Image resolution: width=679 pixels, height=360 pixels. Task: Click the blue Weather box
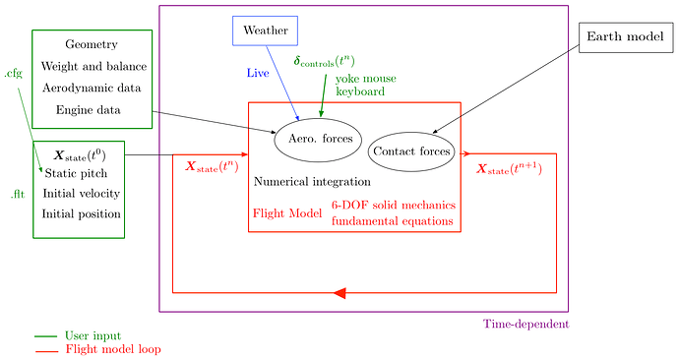(265, 30)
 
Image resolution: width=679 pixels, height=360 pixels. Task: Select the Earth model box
(625, 37)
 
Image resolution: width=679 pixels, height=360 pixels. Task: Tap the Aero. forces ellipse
(319, 140)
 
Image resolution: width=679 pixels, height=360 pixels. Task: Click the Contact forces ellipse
(411, 151)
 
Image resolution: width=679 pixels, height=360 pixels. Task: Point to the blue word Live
(258, 73)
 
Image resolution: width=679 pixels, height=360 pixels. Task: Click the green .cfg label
(13, 73)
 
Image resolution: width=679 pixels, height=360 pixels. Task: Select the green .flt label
(17, 195)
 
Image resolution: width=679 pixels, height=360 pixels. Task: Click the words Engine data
(89, 109)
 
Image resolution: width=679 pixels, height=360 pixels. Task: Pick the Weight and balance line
(93, 66)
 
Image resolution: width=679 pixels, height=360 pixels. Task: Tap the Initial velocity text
(82, 193)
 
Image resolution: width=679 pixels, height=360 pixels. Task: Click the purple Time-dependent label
(525, 324)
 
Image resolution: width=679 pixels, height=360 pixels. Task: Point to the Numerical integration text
(312, 182)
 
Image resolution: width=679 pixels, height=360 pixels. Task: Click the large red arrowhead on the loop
(339, 292)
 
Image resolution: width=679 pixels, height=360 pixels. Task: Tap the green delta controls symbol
(325, 62)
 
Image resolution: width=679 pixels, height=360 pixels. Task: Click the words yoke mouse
(360, 78)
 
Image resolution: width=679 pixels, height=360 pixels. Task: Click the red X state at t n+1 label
(509, 169)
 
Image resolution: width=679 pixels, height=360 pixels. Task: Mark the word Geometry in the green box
(92, 44)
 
